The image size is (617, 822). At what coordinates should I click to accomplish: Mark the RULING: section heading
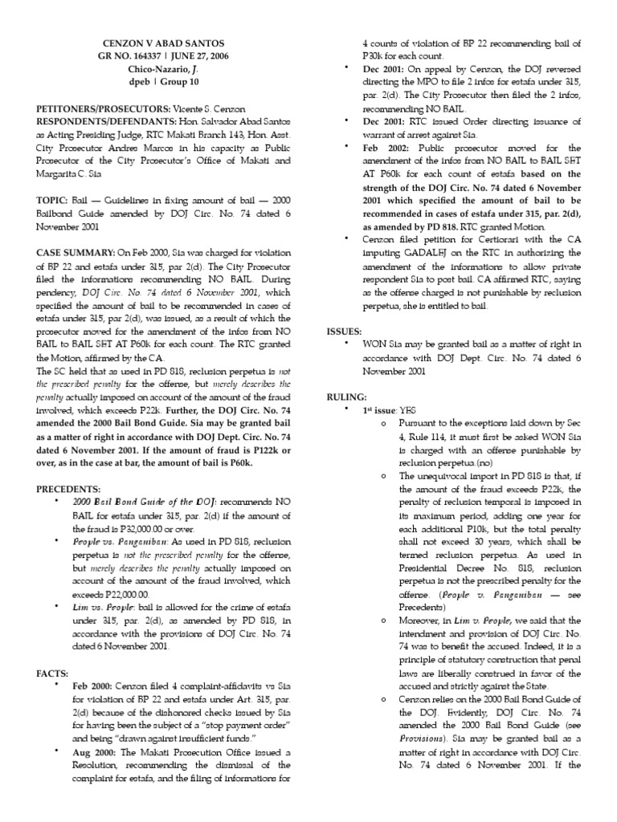click(347, 397)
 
